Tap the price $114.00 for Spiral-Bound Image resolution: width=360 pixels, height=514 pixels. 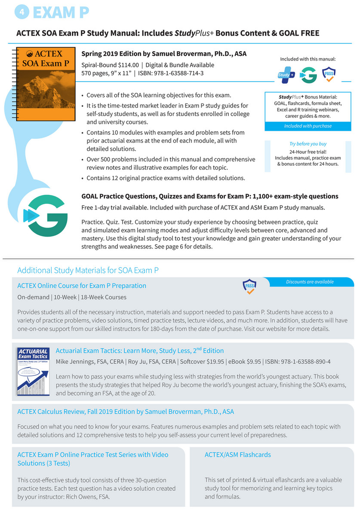pyautogui.click(x=128, y=65)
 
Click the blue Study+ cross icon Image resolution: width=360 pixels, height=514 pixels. pyautogui.click(x=286, y=74)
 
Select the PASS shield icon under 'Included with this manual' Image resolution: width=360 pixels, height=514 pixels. pyautogui.click(x=329, y=74)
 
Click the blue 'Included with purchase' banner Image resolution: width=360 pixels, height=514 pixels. pyautogui.click(x=308, y=126)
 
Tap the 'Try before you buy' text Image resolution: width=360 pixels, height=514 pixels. pyautogui.click(x=308, y=144)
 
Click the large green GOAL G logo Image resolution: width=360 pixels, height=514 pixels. pyautogui.click(x=45, y=215)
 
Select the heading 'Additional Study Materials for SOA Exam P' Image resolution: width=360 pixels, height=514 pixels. pyautogui.click(x=88, y=271)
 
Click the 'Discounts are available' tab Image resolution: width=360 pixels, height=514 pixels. pyautogui.click(x=309, y=282)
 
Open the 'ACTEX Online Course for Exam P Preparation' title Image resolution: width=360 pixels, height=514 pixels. pyautogui.click(x=82, y=286)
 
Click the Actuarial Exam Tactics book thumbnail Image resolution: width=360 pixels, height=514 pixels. pyautogui.click(x=33, y=371)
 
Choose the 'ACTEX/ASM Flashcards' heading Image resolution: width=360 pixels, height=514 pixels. pyautogui.click(x=237, y=455)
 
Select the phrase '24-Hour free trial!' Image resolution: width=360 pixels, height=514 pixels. pyautogui.click(x=308, y=152)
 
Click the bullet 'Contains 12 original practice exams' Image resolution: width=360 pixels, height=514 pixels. pyautogui.click(x=166, y=178)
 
